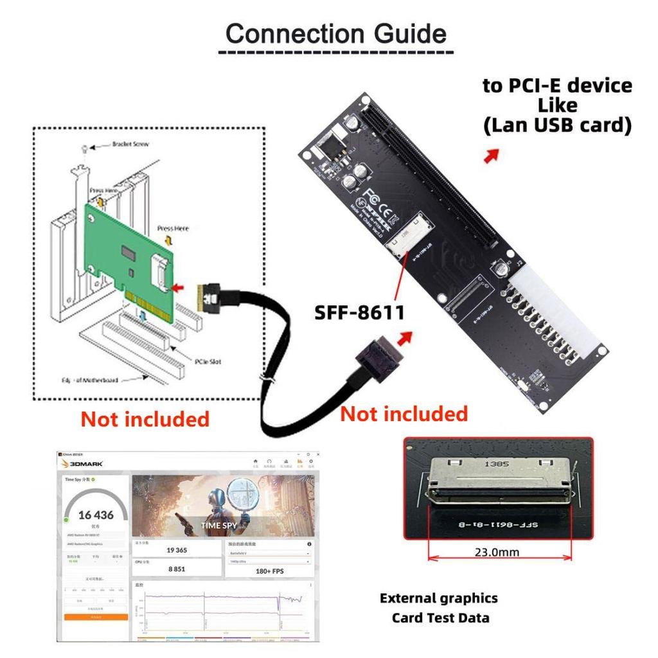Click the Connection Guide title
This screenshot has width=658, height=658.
point(335,33)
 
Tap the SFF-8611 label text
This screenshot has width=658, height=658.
point(359,313)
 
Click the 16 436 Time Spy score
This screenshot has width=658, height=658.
point(96,515)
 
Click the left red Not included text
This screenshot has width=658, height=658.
point(145,419)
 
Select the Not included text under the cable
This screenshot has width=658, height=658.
point(404,414)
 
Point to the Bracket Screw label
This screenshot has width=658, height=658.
point(130,144)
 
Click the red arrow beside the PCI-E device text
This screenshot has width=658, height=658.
point(492,156)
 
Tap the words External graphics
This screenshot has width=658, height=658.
point(438,598)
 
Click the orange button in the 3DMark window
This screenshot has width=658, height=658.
point(96,617)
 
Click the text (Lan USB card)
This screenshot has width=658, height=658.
point(557,125)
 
